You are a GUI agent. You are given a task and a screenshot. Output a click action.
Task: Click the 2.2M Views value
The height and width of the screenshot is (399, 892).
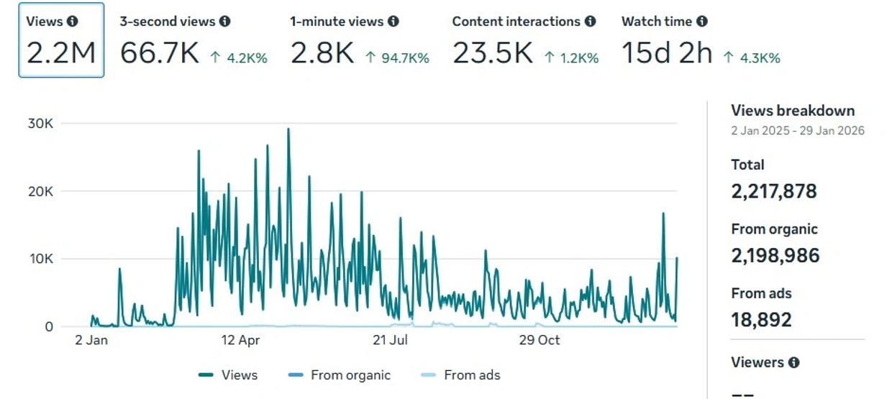60,53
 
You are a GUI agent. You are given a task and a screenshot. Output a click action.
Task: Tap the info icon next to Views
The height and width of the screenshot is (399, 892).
72,22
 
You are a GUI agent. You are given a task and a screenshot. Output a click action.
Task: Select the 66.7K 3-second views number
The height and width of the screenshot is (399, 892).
159,53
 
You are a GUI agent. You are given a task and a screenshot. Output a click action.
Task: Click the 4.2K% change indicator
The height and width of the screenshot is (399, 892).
239,58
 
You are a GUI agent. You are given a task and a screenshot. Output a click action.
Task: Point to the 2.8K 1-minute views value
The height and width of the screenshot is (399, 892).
322,53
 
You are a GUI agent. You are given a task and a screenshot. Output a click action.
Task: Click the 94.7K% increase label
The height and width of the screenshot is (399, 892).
397,58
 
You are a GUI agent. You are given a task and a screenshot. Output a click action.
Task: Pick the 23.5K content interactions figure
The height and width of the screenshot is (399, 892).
492,53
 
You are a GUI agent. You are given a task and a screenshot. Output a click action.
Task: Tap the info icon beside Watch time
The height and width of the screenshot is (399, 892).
702,22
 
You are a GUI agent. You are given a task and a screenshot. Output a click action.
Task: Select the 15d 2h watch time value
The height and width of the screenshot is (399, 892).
667,53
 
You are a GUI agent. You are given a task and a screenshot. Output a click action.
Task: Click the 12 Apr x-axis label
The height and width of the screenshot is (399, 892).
240,340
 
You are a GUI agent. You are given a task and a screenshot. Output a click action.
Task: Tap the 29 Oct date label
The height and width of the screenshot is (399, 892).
539,340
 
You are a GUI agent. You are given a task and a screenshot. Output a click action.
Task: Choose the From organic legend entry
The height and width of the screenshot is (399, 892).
338,375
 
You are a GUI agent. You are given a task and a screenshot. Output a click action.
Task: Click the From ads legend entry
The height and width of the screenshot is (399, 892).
460,375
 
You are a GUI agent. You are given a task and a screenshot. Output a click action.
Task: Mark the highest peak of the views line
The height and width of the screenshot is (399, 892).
288,129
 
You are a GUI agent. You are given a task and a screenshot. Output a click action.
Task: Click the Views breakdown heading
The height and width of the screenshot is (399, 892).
793,111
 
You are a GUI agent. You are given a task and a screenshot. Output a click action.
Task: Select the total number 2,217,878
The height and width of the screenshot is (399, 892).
774,191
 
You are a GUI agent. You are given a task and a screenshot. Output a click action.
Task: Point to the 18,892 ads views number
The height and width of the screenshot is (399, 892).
761,319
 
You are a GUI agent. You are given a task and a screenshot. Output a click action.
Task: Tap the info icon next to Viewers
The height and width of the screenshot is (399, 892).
793,362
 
